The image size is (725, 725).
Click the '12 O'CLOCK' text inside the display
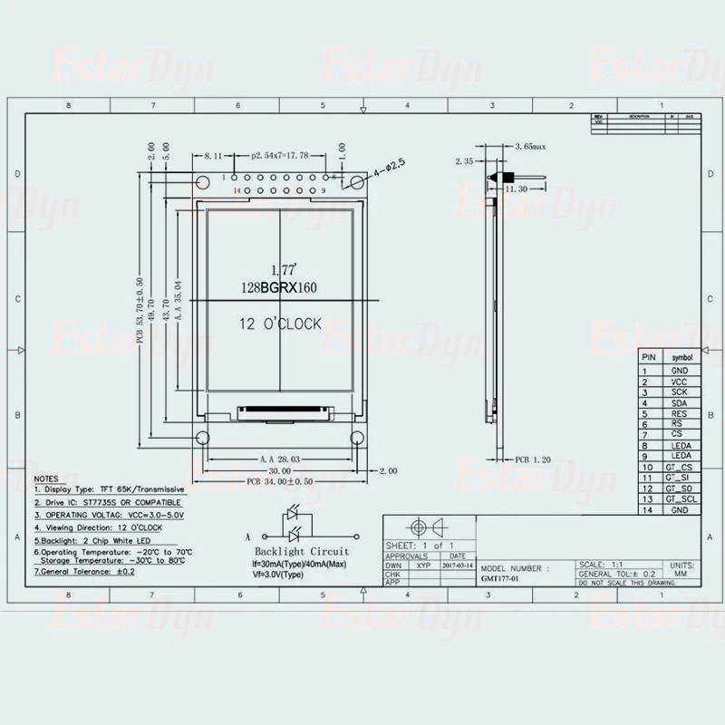pyautogui.click(x=279, y=324)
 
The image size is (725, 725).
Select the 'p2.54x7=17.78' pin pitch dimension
pyautogui.click(x=279, y=155)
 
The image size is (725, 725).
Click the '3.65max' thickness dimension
pyautogui.click(x=530, y=145)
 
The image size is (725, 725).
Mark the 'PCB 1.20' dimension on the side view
pyautogui.click(x=532, y=459)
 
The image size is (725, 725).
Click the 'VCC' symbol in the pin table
pyautogui.click(x=679, y=382)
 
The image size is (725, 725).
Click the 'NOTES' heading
pyautogui.click(x=45, y=478)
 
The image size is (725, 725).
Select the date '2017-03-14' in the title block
pyautogui.click(x=457, y=565)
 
